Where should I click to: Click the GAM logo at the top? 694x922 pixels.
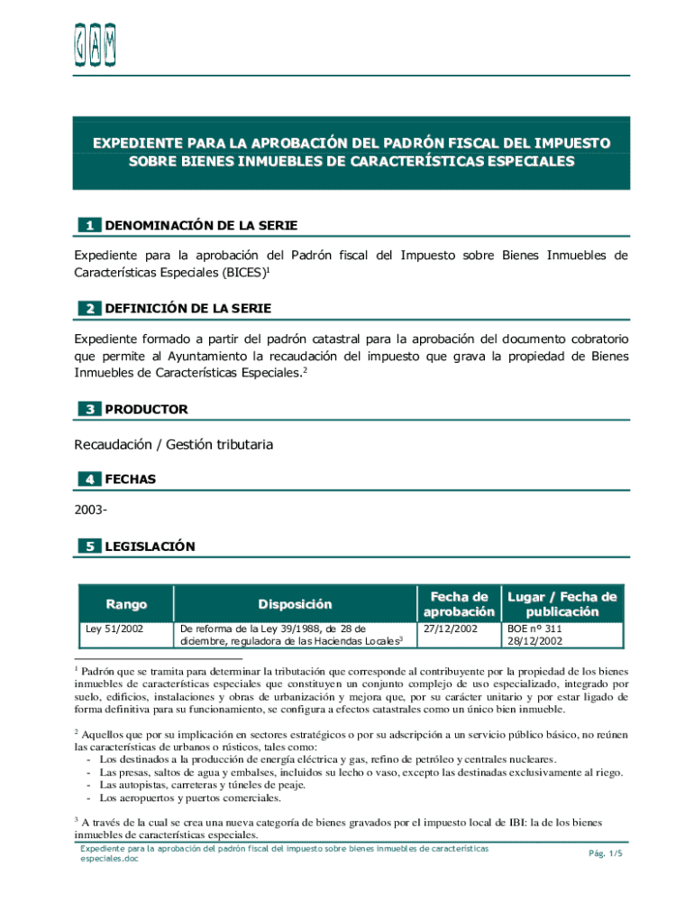tap(95, 44)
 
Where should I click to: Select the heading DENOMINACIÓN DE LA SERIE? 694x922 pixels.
tap(201, 225)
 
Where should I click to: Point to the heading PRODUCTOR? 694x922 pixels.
tap(146, 410)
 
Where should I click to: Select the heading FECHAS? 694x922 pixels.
tap(130, 480)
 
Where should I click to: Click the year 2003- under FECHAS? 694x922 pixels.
tap(91, 512)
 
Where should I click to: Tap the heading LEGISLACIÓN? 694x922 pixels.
tap(150, 547)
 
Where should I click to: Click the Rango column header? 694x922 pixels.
tap(125, 604)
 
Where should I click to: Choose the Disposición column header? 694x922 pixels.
tap(295, 604)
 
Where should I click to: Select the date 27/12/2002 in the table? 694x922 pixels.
tap(451, 629)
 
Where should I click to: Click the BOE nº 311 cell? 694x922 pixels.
tap(534, 629)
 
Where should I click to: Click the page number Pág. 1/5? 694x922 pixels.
tap(605, 853)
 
